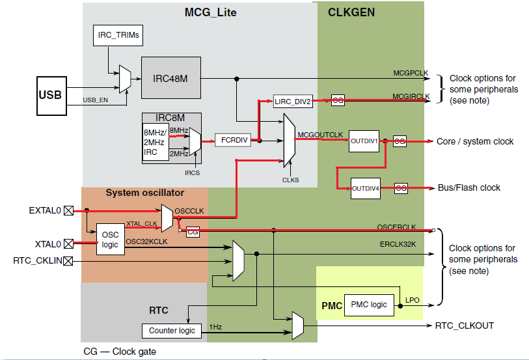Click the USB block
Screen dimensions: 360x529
pos(50,96)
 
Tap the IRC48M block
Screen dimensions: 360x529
pos(171,78)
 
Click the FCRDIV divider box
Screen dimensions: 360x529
pos(232,140)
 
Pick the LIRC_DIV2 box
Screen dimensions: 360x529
pos(293,101)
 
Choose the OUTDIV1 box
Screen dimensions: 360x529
pos(364,141)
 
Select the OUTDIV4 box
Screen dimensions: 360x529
pos(365,187)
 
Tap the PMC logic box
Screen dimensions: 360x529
pos(369,304)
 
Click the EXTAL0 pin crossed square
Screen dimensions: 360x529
pos(68,210)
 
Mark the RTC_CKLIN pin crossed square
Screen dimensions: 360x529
pos(68,261)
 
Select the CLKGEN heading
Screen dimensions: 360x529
pos(351,12)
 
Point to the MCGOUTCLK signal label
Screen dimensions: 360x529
pos(320,134)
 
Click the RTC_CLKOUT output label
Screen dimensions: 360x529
pos(464,325)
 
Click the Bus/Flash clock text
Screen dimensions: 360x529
pos(468,187)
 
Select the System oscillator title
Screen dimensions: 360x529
pos(145,193)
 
